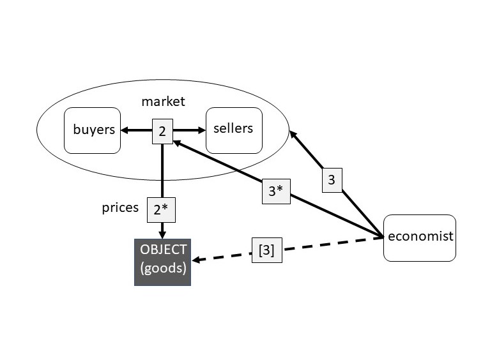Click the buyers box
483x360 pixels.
tap(93, 130)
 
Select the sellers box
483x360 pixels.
tap(234, 130)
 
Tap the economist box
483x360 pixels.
tap(420, 237)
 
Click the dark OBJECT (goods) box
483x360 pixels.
tap(162, 262)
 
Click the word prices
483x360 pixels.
tap(120, 208)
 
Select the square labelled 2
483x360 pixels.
tap(162, 131)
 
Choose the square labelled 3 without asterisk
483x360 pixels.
tap(331, 181)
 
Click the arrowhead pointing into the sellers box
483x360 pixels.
tap(202, 131)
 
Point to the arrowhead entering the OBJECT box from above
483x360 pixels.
tap(162, 234)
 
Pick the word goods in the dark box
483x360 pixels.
tap(163, 269)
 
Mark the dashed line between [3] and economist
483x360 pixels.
tap(332, 243)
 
